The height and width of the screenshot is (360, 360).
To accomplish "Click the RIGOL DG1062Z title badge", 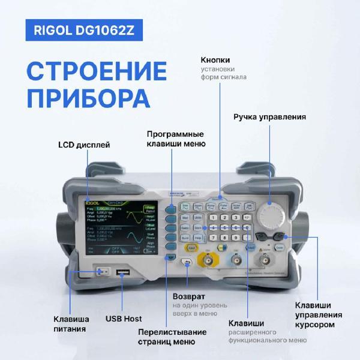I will [88, 31].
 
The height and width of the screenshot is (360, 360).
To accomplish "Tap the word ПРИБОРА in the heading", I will [88, 98].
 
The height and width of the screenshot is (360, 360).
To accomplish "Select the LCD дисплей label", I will [85, 145].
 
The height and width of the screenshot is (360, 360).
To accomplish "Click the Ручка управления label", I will [270, 116].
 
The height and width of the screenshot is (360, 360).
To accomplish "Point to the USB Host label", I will [124, 319].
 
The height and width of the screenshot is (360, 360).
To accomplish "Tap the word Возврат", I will [189, 296].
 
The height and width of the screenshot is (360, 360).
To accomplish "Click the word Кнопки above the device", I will [215, 60].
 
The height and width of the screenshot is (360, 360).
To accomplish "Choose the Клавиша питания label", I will [71, 323].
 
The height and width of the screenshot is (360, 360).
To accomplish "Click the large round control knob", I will [272, 214].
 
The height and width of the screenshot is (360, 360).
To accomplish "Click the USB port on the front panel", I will [124, 274].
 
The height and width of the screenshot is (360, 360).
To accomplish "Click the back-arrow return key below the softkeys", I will [187, 262].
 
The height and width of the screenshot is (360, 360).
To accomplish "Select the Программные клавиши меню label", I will [176, 139].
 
